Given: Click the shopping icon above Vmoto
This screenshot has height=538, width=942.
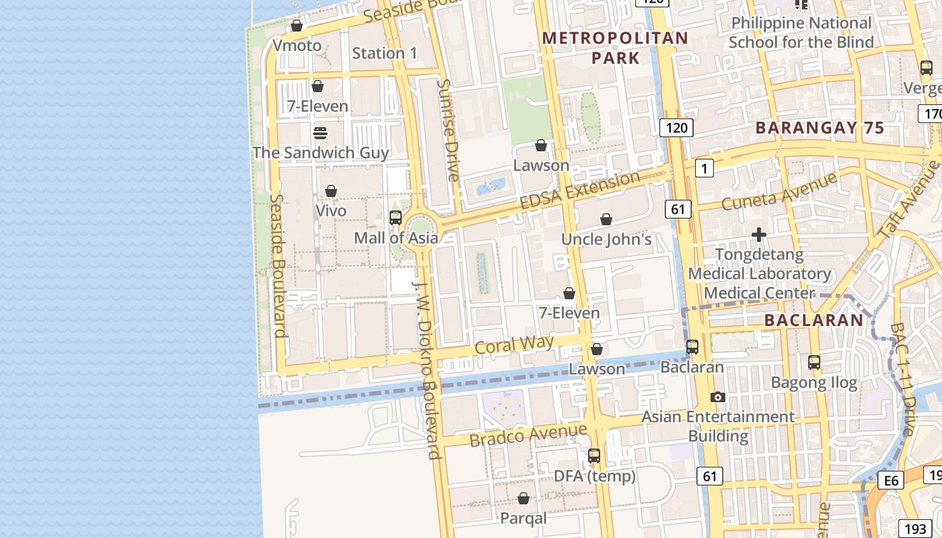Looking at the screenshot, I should (x=297, y=26).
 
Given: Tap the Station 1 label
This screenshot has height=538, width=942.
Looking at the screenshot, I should (x=385, y=53).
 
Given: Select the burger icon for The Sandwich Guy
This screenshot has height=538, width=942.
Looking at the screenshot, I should (x=320, y=132).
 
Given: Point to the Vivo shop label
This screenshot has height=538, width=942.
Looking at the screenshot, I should (x=331, y=210).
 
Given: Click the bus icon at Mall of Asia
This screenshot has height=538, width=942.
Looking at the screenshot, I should (x=396, y=218).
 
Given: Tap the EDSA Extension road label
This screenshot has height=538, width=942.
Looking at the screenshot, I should (x=579, y=191).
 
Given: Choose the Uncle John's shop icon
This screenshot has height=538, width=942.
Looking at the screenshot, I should (x=606, y=219).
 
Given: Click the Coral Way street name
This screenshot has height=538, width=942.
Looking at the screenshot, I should (x=514, y=345).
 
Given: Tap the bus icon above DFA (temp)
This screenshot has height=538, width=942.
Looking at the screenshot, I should (x=594, y=456).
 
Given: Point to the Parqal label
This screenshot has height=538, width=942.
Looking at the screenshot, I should (x=523, y=518).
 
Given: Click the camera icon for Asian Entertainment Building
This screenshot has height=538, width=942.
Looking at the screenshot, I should (x=718, y=397).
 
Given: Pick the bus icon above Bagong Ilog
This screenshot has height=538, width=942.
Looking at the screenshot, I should (x=814, y=362).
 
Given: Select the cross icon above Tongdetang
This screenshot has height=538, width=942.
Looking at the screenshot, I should (x=759, y=235).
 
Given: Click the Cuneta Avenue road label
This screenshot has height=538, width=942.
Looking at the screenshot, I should (x=779, y=191).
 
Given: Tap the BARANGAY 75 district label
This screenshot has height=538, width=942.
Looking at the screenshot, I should (x=820, y=128).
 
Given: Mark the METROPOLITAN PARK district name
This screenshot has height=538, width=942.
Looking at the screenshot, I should (x=616, y=48).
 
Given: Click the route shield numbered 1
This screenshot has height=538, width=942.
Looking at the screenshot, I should (x=704, y=168).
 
